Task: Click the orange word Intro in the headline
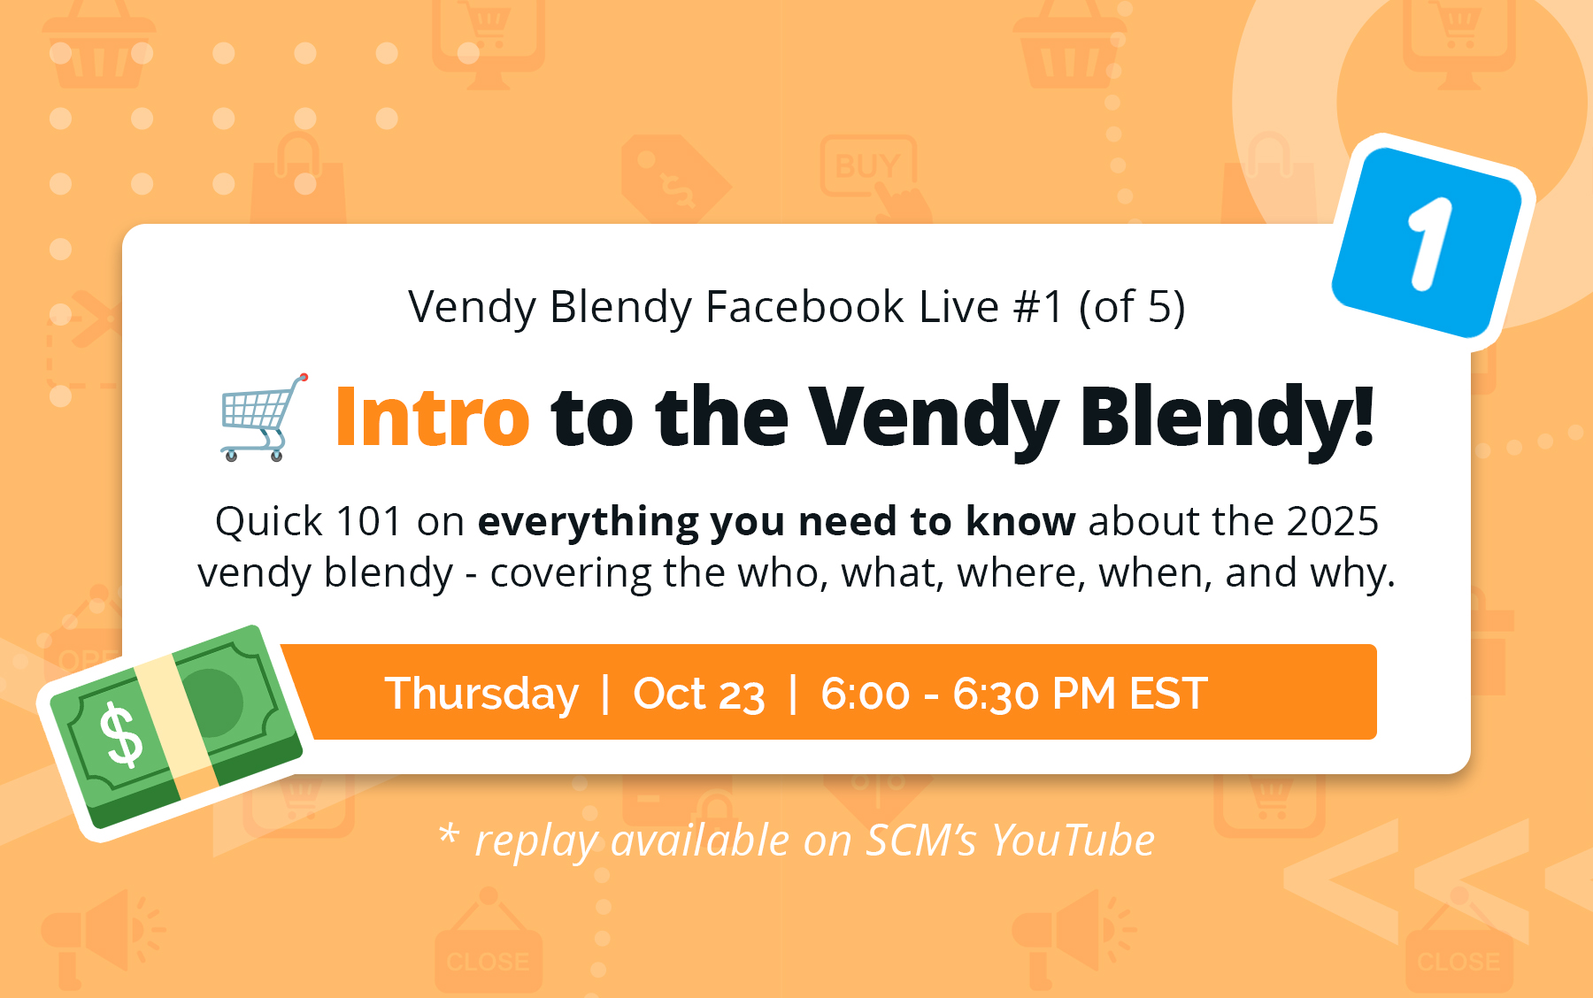click(x=432, y=417)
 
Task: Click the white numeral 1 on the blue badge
click(x=1430, y=243)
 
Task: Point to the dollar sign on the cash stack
click(x=121, y=733)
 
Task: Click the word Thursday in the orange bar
click(x=481, y=693)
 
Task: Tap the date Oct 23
click(x=699, y=694)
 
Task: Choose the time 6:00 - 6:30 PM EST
click(x=1014, y=694)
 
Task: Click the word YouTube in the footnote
click(x=1073, y=840)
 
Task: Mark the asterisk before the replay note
click(x=449, y=833)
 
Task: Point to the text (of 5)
click(x=1132, y=308)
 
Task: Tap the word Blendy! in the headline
click(x=1227, y=418)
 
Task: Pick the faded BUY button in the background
click(x=867, y=165)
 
